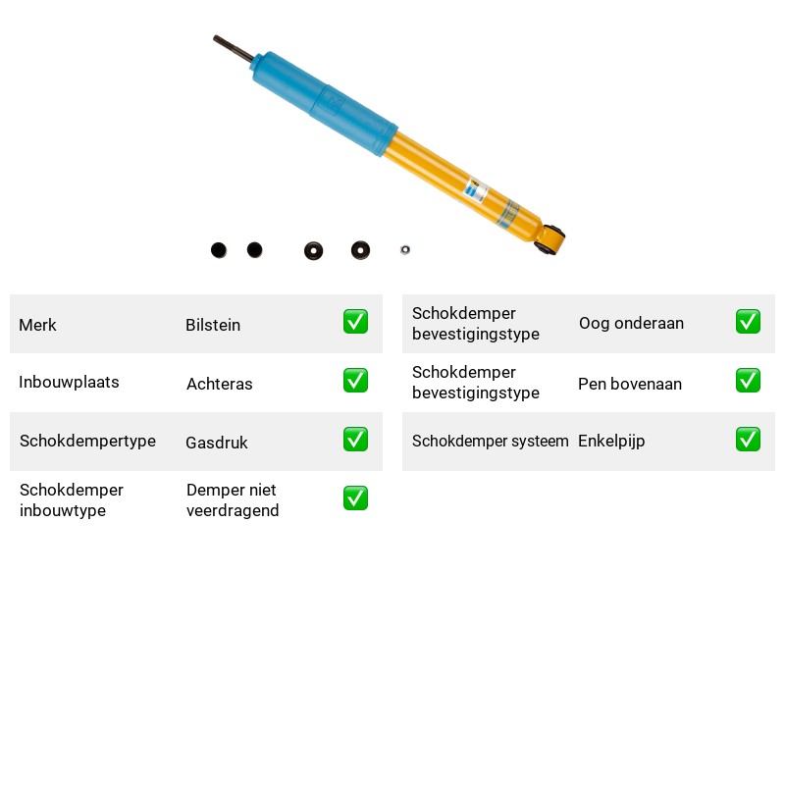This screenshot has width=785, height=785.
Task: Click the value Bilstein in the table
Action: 213,325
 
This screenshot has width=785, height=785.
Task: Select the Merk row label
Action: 37,325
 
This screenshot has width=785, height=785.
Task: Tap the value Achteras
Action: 219,384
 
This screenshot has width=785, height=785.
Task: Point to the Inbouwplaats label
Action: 69,382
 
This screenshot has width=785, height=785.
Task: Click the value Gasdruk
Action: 217,443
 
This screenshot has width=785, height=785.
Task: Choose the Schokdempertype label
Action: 87,441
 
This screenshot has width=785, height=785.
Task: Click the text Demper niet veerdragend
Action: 233,500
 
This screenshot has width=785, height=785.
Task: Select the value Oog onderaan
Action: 631,324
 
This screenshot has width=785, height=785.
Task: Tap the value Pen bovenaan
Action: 630,384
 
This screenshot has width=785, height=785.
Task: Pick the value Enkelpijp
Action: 611,441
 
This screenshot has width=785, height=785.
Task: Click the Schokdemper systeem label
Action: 490,441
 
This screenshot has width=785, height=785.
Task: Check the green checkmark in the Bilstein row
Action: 355,322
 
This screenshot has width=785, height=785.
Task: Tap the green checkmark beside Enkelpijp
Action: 748,439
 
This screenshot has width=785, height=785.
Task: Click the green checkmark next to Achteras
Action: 355,381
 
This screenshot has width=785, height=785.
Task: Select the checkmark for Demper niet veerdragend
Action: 355,498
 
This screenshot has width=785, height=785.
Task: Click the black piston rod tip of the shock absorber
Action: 215,38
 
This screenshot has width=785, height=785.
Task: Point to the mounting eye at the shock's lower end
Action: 549,239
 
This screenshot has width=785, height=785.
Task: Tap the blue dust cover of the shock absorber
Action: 325,104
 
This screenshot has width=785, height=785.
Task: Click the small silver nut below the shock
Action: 405,249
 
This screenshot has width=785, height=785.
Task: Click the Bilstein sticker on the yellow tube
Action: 476,190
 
